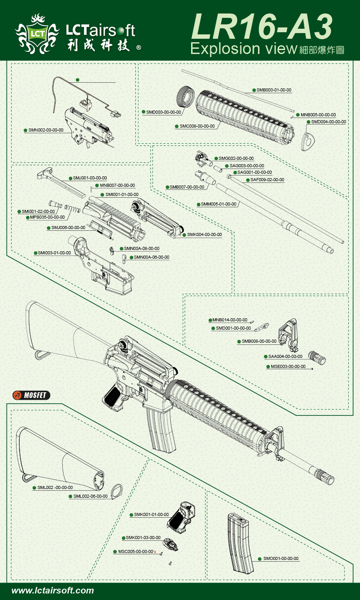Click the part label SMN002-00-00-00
(46, 130)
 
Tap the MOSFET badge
(32, 395)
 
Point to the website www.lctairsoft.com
(53, 591)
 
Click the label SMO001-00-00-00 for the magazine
(281, 559)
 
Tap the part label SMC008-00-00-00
(197, 126)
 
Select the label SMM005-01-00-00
(219, 204)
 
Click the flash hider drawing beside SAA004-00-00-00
(317, 357)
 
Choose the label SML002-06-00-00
(90, 496)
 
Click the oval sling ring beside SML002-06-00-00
(117, 490)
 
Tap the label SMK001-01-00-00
(151, 515)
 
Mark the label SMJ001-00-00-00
(89, 178)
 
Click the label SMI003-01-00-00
(54, 253)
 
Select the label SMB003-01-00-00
(273, 90)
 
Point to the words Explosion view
(243, 48)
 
